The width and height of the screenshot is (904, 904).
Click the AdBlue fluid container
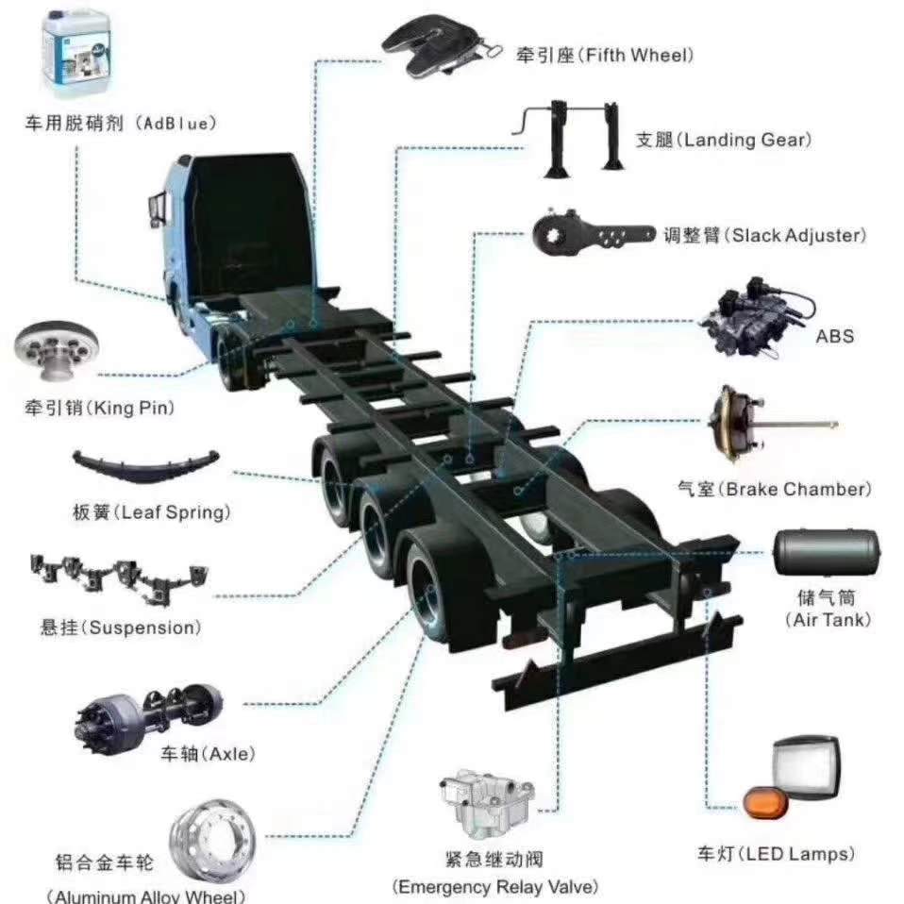(76, 53)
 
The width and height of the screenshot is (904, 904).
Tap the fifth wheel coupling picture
(441, 46)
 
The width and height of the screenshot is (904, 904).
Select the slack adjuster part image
(593, 233)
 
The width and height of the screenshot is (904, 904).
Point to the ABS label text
(834, 336)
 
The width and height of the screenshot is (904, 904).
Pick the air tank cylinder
(826, 552)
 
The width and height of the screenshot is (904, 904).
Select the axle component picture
(149, 718)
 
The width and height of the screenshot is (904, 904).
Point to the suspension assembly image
(119, 578)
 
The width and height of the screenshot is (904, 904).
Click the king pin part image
(57, 350)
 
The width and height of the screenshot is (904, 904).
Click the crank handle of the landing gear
(530, 119)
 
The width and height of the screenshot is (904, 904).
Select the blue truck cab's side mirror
(156, 210)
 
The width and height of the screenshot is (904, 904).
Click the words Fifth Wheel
(637, 56)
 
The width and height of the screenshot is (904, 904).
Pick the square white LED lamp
(807, 767)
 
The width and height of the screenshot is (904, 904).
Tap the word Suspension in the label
(142, 628)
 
